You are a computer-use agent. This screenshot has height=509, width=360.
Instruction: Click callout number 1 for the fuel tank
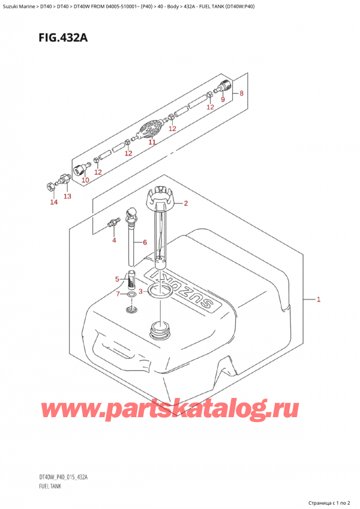[x=319, y=299]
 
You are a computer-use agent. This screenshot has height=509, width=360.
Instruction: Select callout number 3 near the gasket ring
[x=113, y=241]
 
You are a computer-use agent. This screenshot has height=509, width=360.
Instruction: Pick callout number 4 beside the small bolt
[x=118, y=279]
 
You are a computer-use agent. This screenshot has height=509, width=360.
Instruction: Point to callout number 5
[x=144, y=242]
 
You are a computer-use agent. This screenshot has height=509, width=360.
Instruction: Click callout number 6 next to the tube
[x=119, y=294]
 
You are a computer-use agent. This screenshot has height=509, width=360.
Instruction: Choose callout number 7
[x=241, y=94]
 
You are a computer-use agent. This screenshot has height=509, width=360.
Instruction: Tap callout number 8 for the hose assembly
[x=222, y=99]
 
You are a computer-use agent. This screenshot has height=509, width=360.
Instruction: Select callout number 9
[x=85, y=180]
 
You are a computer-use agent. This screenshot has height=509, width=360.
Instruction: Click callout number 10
[x=152, y=143]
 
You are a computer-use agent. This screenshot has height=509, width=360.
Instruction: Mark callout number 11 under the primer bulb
[x=67, y=196]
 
